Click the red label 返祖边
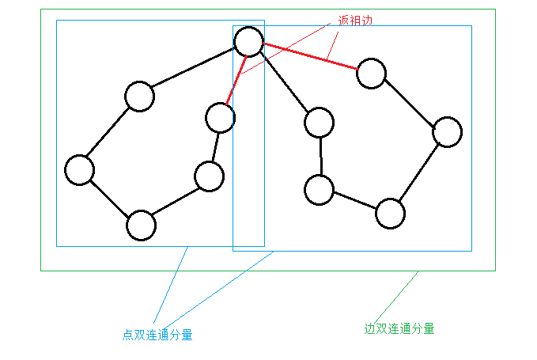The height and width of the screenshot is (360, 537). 354,21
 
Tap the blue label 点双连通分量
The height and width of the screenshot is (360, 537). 157,335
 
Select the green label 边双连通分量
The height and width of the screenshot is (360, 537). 399,328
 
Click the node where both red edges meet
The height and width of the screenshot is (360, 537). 248,41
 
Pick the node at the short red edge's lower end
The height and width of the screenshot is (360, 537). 219,118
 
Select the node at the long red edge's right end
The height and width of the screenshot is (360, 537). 371,74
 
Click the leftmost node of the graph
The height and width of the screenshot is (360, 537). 80,170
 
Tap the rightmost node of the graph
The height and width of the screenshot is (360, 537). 447,132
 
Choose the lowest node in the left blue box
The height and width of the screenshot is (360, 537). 141,225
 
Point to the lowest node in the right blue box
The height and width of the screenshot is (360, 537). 390,213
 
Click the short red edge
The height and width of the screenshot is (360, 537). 234,79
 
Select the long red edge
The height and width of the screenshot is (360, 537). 310,57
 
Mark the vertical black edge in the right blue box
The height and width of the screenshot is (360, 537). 320,156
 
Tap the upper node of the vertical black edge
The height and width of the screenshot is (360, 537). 319,122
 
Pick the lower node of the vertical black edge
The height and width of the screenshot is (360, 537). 319,190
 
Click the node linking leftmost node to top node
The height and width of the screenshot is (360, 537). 139,97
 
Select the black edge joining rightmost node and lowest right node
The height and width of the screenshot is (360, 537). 418,172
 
